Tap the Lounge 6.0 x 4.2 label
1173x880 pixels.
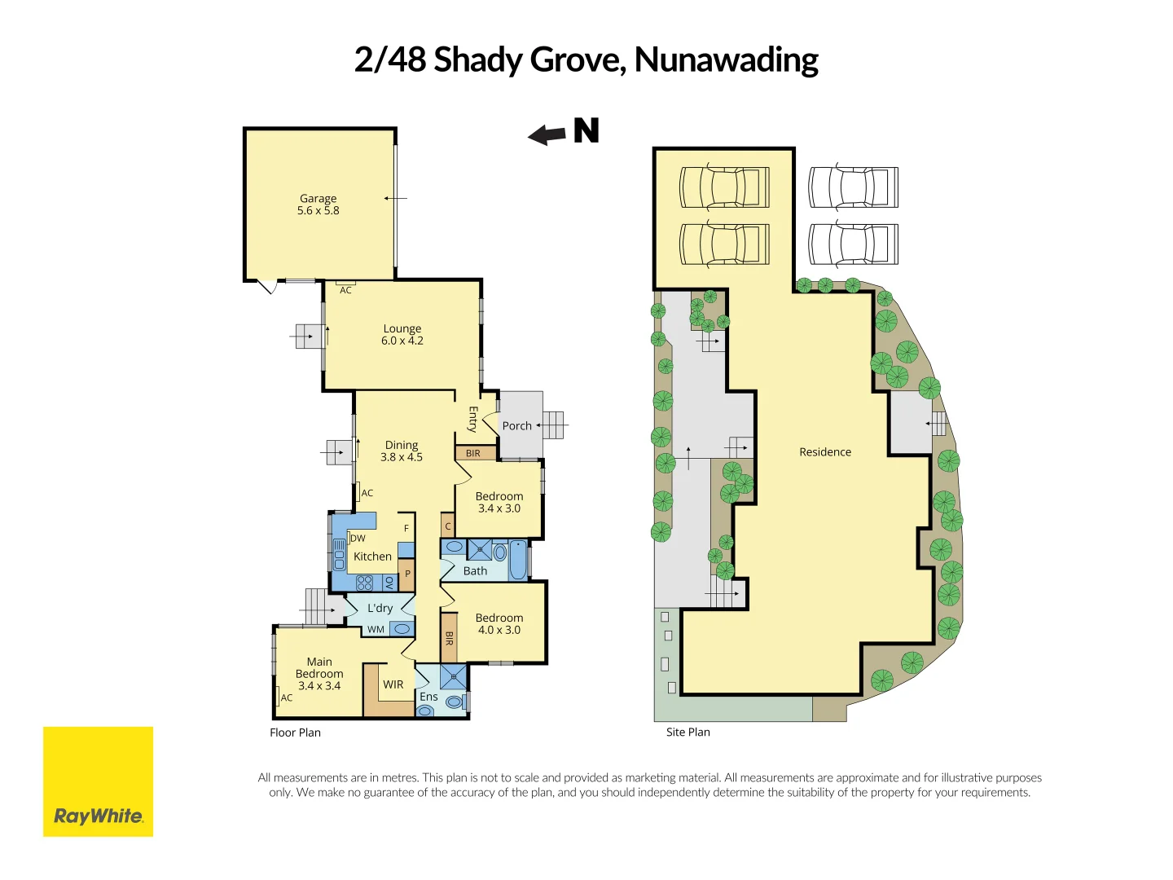pyautogui.click(x=402, y=335)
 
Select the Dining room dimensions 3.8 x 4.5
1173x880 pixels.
pyautogui.click(x=402, y=457)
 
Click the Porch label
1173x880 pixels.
pyautogui.click(x=516, y=426)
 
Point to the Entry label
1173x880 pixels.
pyautogui.click(x=472, y=419)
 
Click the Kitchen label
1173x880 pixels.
pyautogui.click(x=372, y=557)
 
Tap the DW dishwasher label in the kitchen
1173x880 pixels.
pyautogui.click(x=358, y=539)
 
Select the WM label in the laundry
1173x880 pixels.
pyautogui.click(x=376, y=629)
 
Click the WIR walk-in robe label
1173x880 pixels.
pyautogui.click(x=393, y=684)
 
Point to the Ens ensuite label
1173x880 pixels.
pyautogui.click(x=428, y=697)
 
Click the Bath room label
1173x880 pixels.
pyautogui.click(x=475, y=571)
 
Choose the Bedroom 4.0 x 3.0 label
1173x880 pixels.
pyautogui.click(x=499, y=624)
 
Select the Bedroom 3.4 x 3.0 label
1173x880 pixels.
pyautogui.click(x=499, y=502)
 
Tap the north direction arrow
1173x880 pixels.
pyautogui.click(x=547, y=134)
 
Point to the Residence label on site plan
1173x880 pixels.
pyautogui.click(x=825, y=452)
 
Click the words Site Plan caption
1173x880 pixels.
pyautogui.click(x=688, y=732)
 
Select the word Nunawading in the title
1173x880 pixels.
pyautogui.click(x=726, y=60)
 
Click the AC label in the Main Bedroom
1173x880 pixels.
pyautogui.click(x=287, y=697)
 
